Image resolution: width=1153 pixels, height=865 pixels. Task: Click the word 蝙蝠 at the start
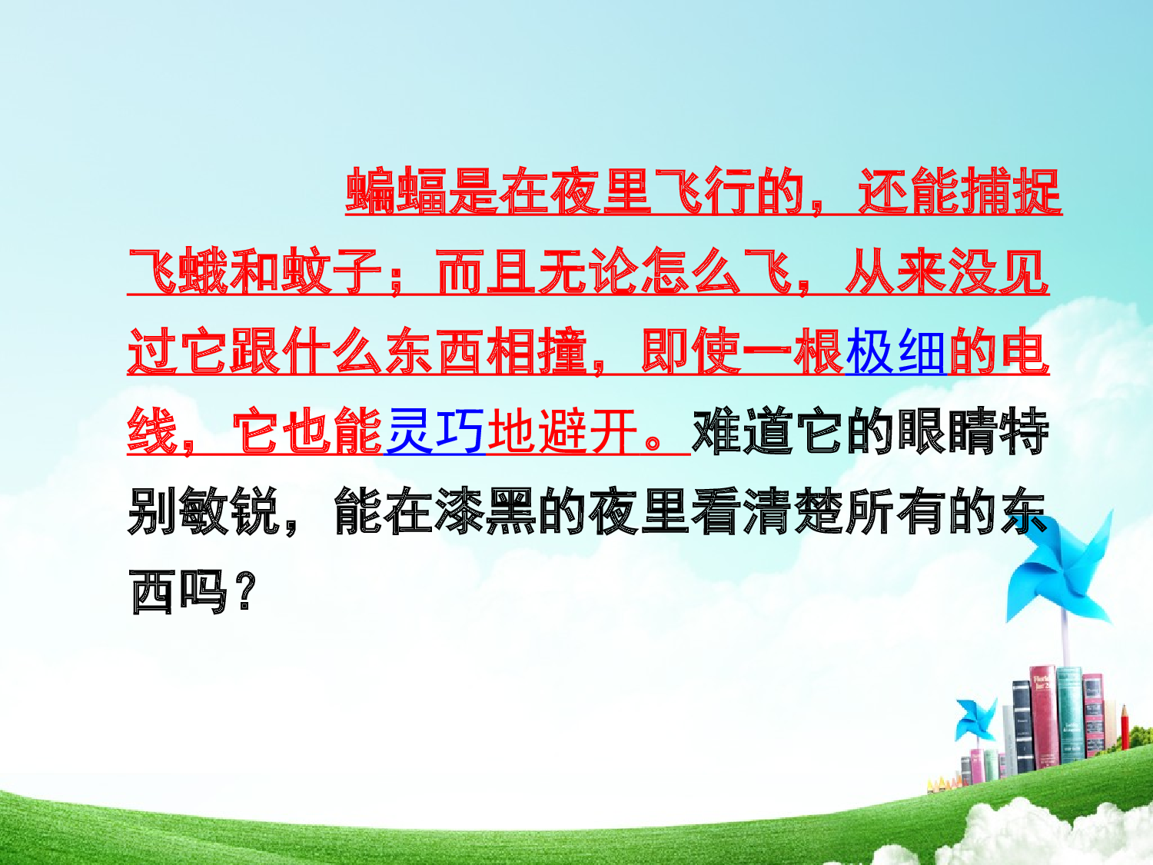tap(395, 191)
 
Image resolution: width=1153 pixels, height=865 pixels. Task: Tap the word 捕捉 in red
tap(1011, 191)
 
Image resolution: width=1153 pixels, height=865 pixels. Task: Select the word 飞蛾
tap(178, 272)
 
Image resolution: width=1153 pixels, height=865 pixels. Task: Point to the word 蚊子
tap(331, 272)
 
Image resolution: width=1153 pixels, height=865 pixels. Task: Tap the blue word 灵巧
tap(434, 431)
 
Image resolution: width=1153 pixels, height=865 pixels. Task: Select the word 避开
tap(587, 431)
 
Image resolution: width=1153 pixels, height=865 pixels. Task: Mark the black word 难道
tap(742, 431)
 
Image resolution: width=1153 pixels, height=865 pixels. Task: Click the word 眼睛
tap(946, 431)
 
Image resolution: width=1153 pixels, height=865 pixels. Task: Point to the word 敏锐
tap(229, 511)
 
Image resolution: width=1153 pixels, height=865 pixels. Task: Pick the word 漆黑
tap(485, 511)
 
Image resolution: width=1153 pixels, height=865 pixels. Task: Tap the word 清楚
tap(792, 511)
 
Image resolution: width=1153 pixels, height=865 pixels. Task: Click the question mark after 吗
tap(245, 592)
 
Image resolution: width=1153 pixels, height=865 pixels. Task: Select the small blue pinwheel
tap(975, 719)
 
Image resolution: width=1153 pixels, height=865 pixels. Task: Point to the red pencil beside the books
tap(1125, 727)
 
